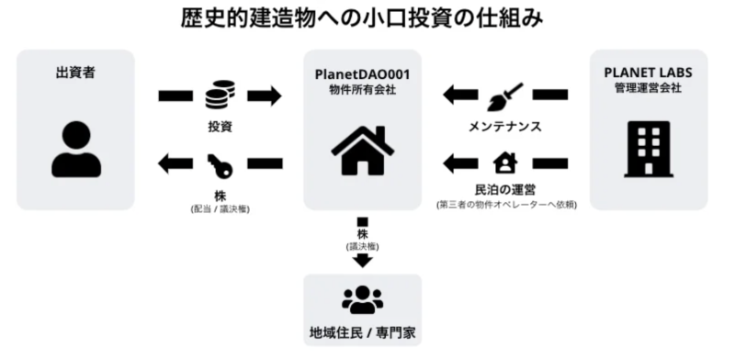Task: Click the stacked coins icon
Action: pyautogui.click(x=220, y=95)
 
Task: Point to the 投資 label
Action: pyautogui.click(x=220, y=125)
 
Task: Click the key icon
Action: pyautogui.click(x=220, y=164)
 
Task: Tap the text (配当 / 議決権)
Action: pyautogui.click(x=220, y=209)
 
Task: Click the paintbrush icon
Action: pyautogui.click(x=505, y=95)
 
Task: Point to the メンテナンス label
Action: pyautogui.click(x=505, y=126)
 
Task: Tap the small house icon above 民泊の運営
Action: pyautogui.click(x=505, y=163)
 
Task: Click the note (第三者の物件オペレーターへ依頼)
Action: pyautogui.click(x=506, y=204)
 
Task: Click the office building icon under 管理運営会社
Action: pyautogui.click(x=649, y=150)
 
